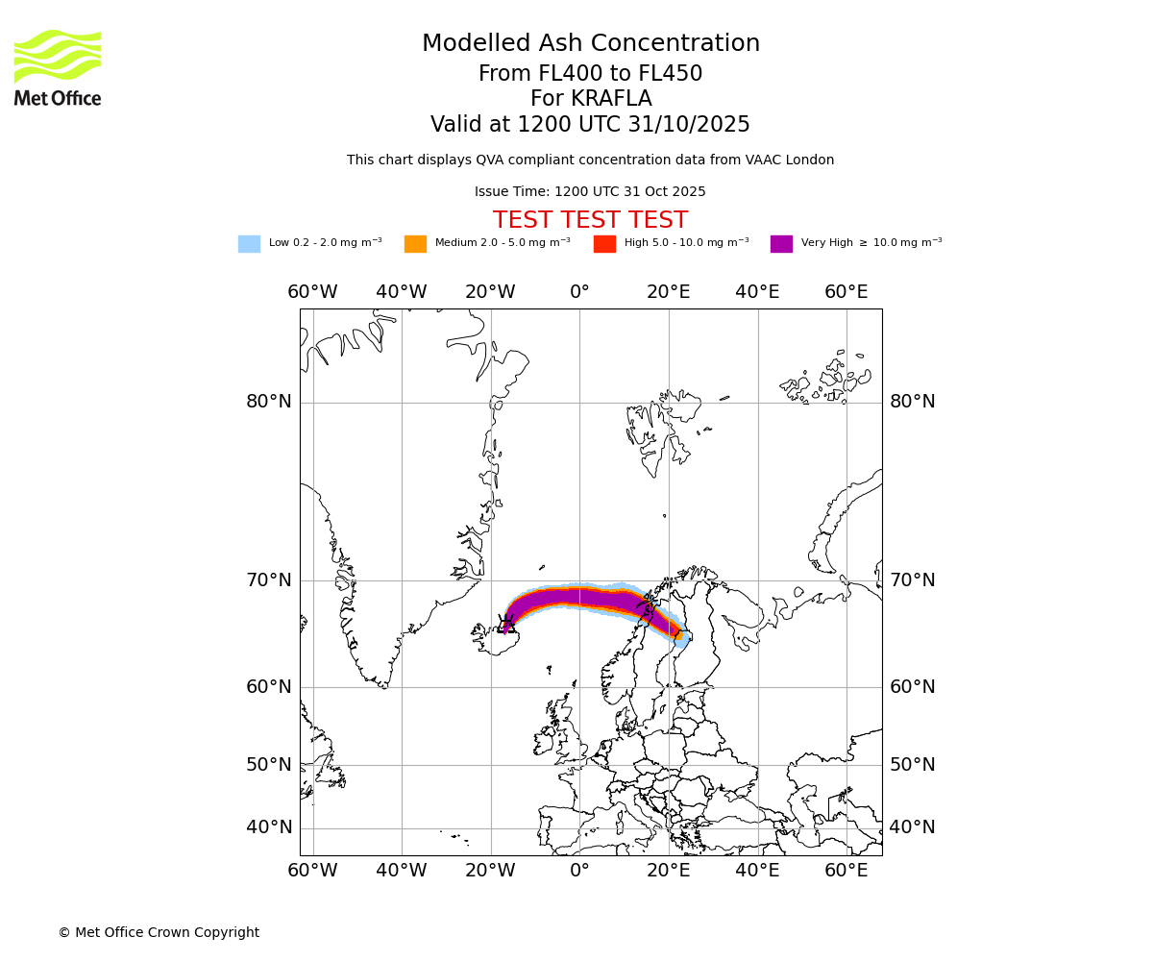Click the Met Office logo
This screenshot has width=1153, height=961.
tap(58, 67)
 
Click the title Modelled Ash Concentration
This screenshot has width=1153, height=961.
tap(590, 44)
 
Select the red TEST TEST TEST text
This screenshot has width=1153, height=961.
tap(590, 221)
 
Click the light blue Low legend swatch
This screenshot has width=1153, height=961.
tap(249, 244)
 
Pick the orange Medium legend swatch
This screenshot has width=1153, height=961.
tap(415, 244)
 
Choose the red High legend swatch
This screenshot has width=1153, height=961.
tap(604, 244)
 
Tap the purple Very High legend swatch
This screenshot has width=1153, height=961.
tap(781, 244)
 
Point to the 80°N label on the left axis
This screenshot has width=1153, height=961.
tap(269, 402)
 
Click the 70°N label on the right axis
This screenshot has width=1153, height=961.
tap(912, 580)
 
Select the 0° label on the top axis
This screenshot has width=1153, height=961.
tap(579, 292)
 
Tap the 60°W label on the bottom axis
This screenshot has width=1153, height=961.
tap(312, 871)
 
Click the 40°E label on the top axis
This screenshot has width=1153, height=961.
tap(757, 292)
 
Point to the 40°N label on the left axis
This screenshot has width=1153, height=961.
tap(269, 827)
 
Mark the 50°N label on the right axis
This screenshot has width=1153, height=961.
tap(912, 765)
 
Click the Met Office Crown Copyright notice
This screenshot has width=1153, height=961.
tap(159, 933)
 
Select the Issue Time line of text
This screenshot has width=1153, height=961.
tap(590, 192)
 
